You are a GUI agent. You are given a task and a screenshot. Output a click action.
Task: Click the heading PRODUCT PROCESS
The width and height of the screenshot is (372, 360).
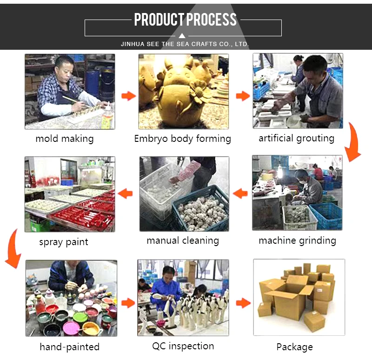pyautogui.click(x=185, y=20)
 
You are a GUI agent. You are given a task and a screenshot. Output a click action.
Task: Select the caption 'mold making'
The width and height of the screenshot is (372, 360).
pyautogui.click(x=65, y=139)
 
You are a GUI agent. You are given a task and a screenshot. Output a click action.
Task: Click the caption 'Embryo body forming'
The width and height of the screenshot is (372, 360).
pyautogui.click(x=182, y=139)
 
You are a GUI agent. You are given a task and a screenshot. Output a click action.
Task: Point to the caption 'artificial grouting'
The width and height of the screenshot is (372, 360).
pyautogui.click(x=297, y=138)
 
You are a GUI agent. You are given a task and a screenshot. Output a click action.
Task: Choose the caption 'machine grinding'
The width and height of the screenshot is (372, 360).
pyautogui.click(x=297, y=240)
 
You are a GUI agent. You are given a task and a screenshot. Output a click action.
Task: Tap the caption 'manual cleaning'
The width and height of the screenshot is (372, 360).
pyautogui.click(x=183, y=240)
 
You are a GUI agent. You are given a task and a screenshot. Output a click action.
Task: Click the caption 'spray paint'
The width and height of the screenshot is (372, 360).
pyautogui.click(x=64, y=242)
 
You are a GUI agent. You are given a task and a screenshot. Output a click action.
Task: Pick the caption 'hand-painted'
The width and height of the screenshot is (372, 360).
pyautogui.click(x=69, y=347)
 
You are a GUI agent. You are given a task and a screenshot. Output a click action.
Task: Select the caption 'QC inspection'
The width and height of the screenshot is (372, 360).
pyautogui.click(x=183, y=346)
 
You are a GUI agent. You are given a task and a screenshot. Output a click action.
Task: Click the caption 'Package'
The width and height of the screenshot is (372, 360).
pyautogui.click(x=294, y=347)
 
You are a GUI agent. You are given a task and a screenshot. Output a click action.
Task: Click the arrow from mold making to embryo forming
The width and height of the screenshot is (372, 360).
pyautogui.click(x=129, y=96)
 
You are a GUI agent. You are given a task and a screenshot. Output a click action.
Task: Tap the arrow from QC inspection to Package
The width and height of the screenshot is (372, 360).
pyautogui.click(x=243, y=303)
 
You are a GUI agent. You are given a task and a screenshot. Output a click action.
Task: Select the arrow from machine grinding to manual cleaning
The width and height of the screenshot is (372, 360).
pyautogui.click(x=240, y=193)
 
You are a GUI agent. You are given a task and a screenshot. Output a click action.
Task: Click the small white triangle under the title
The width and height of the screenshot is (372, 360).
pyautogui.click(x=182, y=36)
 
